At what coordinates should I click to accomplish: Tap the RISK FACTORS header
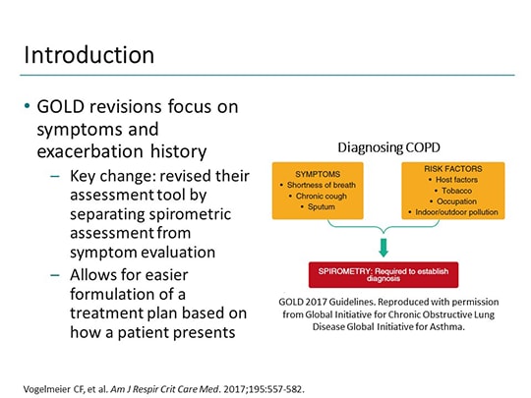tap(452, 169)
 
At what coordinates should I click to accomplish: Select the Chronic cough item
tap(318, 197)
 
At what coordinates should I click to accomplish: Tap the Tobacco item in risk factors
tap(452, 191)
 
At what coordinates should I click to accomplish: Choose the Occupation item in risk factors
tap(452, 201)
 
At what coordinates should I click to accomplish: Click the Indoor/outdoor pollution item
tap(452, 212)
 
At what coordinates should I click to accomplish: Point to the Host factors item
tap(452, 180)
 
